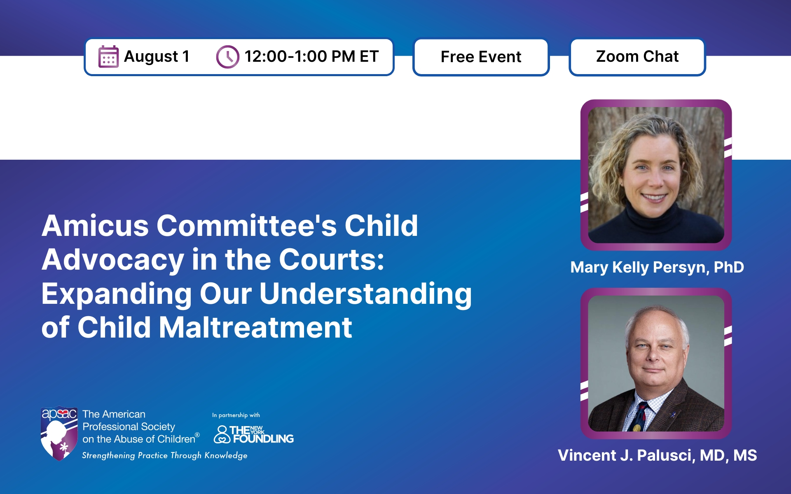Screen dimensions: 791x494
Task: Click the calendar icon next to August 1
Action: coord(108,56)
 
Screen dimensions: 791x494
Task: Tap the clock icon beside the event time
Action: coord(227,57)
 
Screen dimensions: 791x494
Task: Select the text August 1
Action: coord(157,56)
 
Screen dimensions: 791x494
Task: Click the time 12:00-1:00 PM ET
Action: coord(311,56)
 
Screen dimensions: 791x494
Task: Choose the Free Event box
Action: coord(481,57)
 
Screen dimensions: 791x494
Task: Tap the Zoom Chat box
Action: coord(637,57)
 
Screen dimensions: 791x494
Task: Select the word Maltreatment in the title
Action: coord(255,328)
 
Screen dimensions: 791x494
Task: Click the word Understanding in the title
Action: coord(365,294)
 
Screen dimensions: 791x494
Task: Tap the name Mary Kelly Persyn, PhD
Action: coord(657,268)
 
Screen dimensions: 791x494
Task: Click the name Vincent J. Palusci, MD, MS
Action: coord(657,456)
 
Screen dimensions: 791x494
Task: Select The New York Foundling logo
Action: coord(253,434)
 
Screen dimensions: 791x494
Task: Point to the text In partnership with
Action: coord(236,415)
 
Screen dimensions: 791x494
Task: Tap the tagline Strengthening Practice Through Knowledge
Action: coord(165,455)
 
